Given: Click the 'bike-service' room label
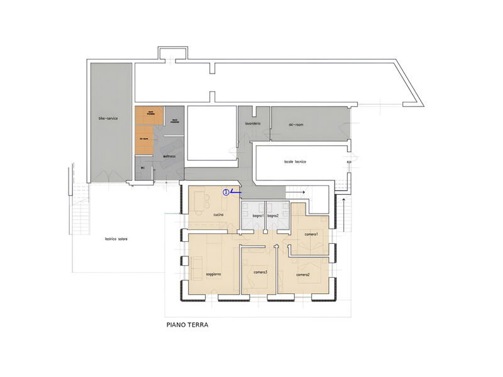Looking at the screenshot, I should point(108,118).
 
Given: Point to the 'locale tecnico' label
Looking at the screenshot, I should point(294,162).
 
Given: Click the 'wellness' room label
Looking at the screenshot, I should point(169,155).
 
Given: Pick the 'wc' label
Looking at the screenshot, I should point(143,168).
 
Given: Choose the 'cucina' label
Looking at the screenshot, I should point(218,216).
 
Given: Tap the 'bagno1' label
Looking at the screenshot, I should point(258,216).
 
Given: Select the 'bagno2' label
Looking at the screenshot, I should point(273,216).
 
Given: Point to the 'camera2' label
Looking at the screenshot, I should point(303,275).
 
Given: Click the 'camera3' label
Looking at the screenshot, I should point(261,272).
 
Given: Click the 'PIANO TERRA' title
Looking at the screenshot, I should point(187,325).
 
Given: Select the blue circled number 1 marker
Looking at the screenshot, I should point(226,192).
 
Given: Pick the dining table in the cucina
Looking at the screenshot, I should point(204,202).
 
